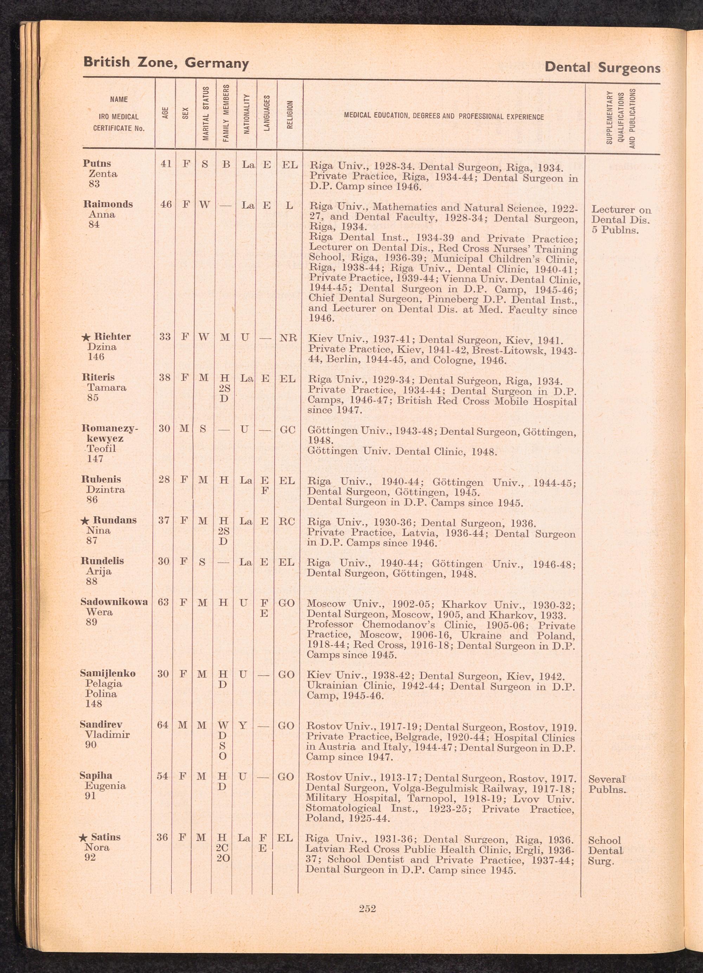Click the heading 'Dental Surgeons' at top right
[602, 68]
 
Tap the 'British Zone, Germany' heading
[166, 63]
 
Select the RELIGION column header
[290, 115]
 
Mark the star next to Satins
[84, 837]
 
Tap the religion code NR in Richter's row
[288, 338]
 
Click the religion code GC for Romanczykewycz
[288, 429]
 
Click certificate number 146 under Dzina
[96, 357]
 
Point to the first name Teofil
[102, 449]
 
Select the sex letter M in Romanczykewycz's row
[184, 429]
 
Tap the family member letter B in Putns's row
[226, 164]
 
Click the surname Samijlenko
[108, 673]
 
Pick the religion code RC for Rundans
[286, 521]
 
